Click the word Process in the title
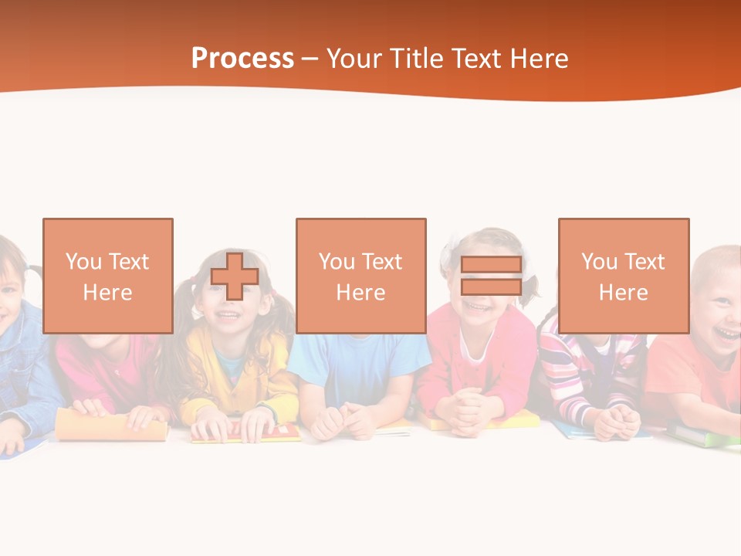(242, 59)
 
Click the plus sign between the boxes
(235, 276)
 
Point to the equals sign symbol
(491, 276)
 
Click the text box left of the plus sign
(108, 276)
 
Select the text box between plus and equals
(361, 276)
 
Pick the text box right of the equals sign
(624, 276)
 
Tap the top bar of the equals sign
(491, 265)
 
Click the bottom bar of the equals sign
(491, 287)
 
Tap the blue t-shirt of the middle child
(359, 363)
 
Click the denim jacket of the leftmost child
(23, 363)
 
